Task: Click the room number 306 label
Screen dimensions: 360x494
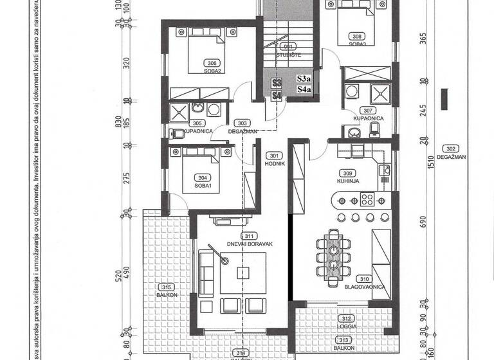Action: pyautogui.click(x=211, y=63)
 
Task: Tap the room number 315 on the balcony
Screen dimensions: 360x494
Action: pyautogui.click(x=165, y=286)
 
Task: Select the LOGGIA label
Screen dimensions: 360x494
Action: pyautogui.click(x=347, y=326)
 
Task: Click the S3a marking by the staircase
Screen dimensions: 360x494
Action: pyautogui.click(x=303, y=79)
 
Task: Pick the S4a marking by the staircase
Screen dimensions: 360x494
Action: pyautogui.click(x=303, y=90)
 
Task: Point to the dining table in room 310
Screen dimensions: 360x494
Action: pyautogui.click(x=333, y=256)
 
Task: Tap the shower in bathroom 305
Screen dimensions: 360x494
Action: pyautogui.click(x=178, y=114)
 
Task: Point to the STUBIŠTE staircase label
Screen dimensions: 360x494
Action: pyautogui.click(x=289, y=55)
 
